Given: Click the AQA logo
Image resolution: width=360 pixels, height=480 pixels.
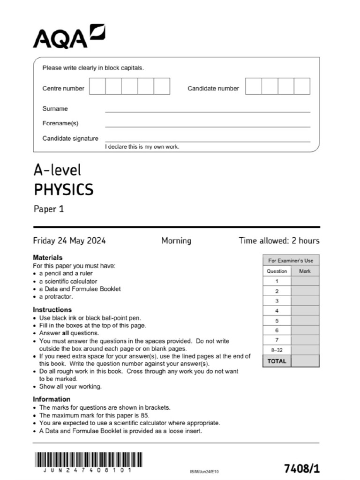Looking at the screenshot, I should [x=68, y=36].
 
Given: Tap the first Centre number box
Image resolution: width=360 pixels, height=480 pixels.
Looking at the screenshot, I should [x=97, y=87].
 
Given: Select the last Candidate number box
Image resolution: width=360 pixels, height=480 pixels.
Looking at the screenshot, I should [x=302, y=87].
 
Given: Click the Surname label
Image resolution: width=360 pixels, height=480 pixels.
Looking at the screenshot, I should [x=55, y=109].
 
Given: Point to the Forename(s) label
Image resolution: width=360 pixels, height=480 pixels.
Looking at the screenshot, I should [x=60, y=124].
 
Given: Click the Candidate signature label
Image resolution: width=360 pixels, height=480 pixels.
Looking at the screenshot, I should [x=70, y=138].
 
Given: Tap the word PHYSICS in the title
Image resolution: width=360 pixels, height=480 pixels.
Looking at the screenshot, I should [x=64, y=190].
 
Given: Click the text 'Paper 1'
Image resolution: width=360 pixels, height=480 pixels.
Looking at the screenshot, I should [x=49, y=209].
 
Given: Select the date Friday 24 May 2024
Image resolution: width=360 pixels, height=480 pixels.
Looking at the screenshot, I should [x=69, y=241].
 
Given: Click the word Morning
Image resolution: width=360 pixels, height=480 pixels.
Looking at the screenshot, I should [x=176, y=241].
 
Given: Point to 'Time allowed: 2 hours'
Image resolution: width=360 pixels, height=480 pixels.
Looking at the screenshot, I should [x=279, y=241].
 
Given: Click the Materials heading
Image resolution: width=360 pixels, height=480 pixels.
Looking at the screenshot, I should [x=47, y=257].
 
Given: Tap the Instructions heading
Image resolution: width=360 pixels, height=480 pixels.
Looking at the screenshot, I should [x=52, y=310].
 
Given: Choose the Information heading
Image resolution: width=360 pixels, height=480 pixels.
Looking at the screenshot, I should [x=52, y=399].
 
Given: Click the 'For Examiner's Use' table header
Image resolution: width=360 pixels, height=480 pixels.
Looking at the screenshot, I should [x=291, y=261].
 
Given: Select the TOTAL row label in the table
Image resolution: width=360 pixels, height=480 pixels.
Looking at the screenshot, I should [x=277, y=361].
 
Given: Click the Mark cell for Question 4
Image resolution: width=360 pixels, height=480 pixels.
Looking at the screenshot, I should [x=305, y=311].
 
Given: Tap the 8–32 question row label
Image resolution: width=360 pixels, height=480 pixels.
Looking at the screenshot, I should [x=277, y=350].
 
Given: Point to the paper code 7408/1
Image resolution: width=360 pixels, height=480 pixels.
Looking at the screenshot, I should [x=302, y=469].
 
